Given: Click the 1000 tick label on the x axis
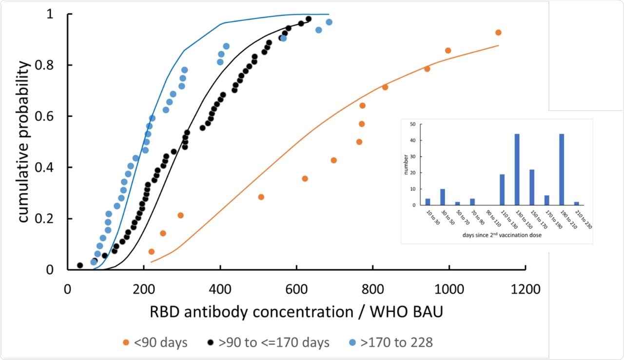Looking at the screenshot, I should click(448, 289).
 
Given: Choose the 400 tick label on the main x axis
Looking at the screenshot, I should click(220, 289).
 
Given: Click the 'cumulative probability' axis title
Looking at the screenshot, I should click(24, 141).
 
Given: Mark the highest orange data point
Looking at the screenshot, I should click(498, 33).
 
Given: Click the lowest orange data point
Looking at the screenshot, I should click(151, 252).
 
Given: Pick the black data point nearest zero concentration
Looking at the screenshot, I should click(80, 265).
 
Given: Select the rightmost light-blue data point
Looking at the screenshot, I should click(329, 22).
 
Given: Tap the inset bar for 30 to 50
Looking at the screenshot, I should click(443, 197).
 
